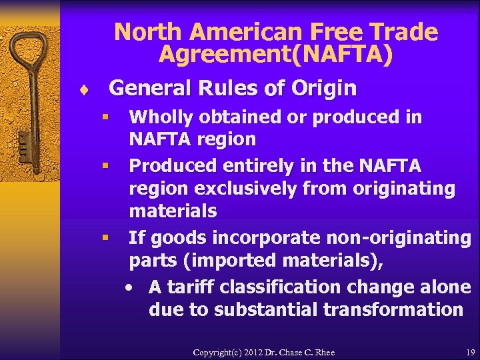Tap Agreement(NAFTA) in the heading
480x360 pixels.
coord(275,55)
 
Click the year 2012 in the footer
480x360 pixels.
coord(244,352)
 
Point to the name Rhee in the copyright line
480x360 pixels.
coord(323,352)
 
